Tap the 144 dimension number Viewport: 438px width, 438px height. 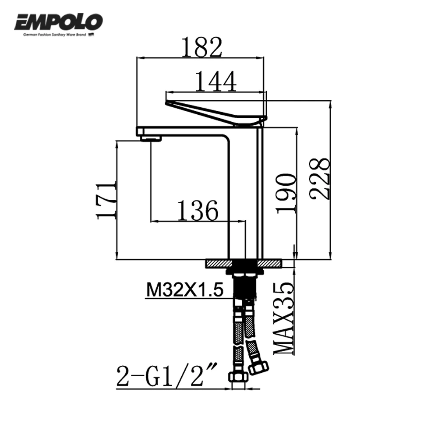click(215, 81)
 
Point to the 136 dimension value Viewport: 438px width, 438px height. click(198, 210)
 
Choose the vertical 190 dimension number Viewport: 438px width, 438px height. click(286, 193)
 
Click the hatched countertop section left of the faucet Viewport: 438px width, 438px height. click(217, 263)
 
